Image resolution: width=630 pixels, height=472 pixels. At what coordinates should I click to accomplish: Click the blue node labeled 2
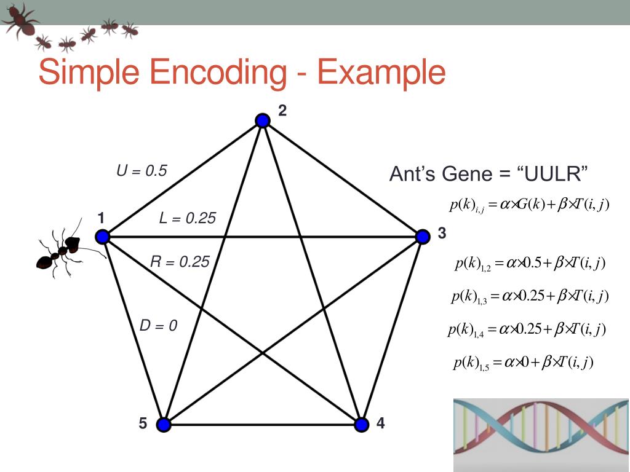(x=263, y=120)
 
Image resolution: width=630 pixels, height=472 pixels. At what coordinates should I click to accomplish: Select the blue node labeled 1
(x=103, y=237)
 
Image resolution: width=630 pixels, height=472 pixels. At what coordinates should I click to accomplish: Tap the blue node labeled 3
(x=422, y=237)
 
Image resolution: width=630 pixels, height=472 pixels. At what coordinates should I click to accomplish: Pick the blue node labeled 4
(x=362, y=424)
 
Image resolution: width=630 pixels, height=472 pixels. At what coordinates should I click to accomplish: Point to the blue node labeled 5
(x=163, y=424)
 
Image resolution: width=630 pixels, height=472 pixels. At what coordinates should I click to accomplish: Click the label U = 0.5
(x=142, y=171)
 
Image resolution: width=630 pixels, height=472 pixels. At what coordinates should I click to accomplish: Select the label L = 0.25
(x=188, y=218)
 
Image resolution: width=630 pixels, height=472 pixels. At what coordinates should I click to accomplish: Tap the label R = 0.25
(x=180, y=262)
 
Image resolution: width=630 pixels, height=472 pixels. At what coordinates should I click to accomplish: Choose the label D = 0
(x=158, y=326)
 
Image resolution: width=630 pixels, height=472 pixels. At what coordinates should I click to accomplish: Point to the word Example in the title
(x=381, y=73)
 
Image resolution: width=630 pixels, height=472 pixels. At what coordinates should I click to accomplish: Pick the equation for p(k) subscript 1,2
(x=530, y=264)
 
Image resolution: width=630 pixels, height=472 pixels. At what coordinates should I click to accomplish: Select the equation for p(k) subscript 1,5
(x=523, y=363)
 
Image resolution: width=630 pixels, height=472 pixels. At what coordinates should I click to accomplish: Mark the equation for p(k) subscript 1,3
(x=529, y=297)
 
